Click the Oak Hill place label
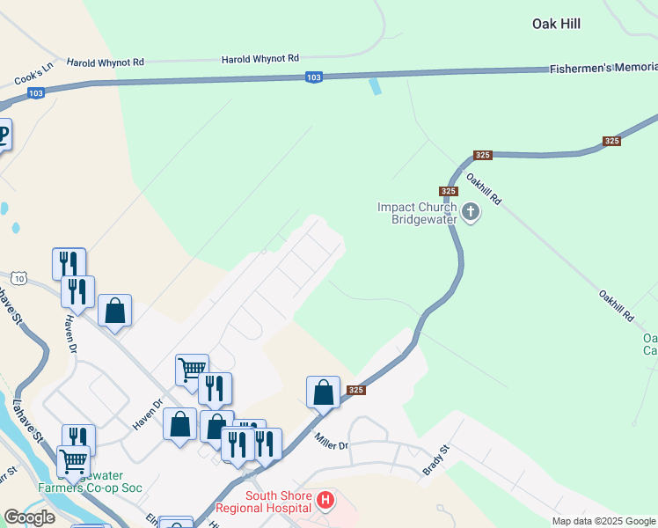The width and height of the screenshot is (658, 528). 556,24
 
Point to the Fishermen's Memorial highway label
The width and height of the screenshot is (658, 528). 603,68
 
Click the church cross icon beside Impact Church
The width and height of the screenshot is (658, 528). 471,211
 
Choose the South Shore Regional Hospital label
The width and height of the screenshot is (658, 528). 278,502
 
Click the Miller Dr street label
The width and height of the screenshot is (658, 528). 332,446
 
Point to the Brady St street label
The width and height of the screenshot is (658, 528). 435,460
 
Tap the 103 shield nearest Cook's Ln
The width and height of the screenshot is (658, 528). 36,93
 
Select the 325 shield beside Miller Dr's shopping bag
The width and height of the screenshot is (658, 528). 355,390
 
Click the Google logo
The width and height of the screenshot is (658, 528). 30,517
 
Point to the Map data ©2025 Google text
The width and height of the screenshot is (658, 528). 603,521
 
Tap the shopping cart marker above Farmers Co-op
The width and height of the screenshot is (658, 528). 74,460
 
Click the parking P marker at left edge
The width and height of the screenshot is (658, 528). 4,135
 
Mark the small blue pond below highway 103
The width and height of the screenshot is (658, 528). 377,86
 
